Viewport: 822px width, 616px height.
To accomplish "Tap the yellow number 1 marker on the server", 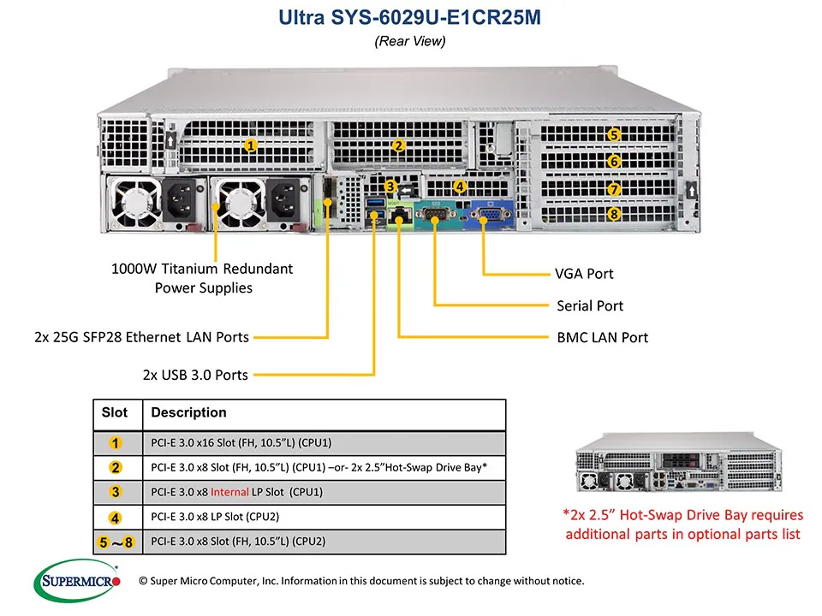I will pos(251,145).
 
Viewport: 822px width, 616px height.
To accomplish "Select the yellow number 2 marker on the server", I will pos(398,145).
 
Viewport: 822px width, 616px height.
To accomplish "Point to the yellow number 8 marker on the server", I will pos(614,214).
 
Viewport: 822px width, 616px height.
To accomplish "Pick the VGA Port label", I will pos(584,274).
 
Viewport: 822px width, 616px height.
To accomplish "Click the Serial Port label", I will pos(589,305).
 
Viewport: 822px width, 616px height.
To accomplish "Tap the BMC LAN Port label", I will pos(602,337).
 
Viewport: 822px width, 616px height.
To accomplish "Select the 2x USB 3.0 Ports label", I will pos(195,374).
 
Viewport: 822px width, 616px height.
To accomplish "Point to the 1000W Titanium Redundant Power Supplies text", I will pos(202,278).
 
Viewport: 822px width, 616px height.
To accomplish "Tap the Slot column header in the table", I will pos(115,413).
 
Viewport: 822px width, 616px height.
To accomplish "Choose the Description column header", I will pos(188,413).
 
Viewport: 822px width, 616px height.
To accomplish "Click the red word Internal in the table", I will pos(229,492).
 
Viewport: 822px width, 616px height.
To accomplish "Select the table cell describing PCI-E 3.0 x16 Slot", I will pos(241,442).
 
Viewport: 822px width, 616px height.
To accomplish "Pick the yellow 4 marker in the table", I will pos(116,517).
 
